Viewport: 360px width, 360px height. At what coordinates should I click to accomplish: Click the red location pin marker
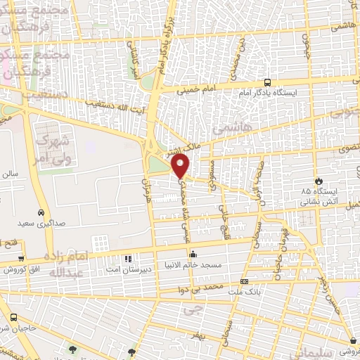[181, 166]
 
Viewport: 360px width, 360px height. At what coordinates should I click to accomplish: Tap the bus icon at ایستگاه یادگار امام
[267, 83]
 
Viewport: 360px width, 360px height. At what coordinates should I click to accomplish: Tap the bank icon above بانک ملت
[244, 281]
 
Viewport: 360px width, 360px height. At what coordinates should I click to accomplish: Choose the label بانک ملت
[244, 290]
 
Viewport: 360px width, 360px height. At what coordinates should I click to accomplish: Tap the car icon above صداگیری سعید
[41, 212]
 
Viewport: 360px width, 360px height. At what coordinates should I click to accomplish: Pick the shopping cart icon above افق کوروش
[21, 258]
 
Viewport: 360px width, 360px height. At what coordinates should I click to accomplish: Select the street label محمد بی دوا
[199, 288]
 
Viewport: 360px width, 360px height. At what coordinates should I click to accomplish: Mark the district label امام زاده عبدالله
[69, 264]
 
